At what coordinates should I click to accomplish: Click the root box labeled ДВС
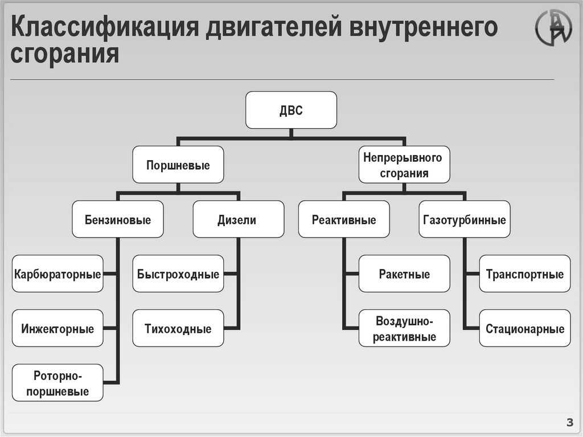click(x=291, y=110)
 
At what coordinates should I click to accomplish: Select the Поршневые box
click(x=178, y=165)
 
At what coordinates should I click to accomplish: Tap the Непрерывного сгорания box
click(x=404, y=165)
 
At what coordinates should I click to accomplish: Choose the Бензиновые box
click(x=118, y=219)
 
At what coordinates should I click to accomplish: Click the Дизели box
click(x=238, y=219)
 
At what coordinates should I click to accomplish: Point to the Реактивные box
click(x=344, y=219)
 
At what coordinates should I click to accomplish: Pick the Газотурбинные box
click(x=465, y=219)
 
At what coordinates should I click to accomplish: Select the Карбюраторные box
click(x=58, y=274)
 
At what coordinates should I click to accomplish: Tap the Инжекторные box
click(x=58, y=329)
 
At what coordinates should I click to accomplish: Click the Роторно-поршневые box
click(x=58, y=383)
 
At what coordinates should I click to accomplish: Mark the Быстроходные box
click(x=178, y=274)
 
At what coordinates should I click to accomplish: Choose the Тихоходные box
click(x=178, y=329)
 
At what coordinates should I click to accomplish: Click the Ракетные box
click(x=404, y=274)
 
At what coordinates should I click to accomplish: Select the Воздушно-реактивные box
click(x=404, y=329)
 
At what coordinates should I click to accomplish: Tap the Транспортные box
click(x=524, y=274)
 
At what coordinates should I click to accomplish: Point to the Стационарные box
click(x=524, y=329)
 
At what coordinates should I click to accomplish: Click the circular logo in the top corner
click(x=553, y=28)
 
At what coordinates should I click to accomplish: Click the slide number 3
click(x=569, y=422)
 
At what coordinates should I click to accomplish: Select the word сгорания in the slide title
click(x=65, y=55)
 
